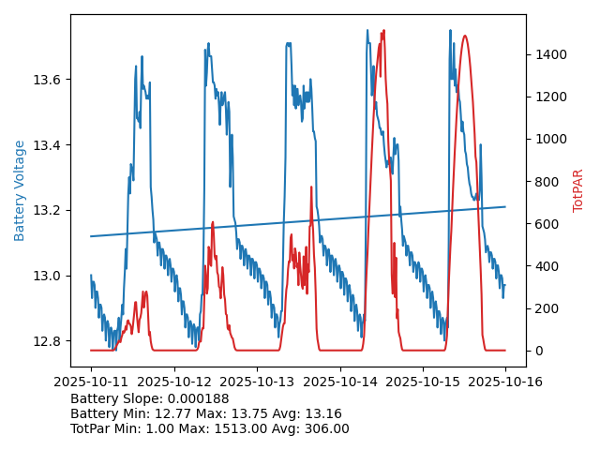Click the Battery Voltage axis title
[20, 190]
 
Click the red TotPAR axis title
[578, 190]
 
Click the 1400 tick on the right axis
[547, 54]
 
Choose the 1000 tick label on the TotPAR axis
[547, 139]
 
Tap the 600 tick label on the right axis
[544, 224]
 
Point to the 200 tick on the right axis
[544, 308]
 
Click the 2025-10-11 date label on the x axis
[91, 382]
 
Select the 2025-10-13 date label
[257, 382]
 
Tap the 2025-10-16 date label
[506, 382]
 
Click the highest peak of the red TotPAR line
[383, 31]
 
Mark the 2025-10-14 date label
[340, 382]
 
